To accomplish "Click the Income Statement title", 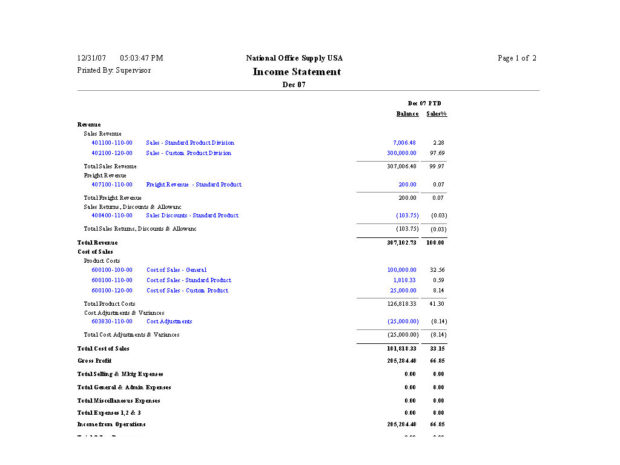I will (x=297, y=72).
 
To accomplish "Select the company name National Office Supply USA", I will (x=294, y=58).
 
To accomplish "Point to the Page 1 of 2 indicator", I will (x=516, y=58).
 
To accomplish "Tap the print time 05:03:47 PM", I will (x=142, y=58).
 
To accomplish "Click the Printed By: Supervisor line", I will (x=114, y=70).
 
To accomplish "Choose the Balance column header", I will (x=407, y=114).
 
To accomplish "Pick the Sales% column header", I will (x=437, y=114).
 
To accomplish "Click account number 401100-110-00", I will (x=112, y=143).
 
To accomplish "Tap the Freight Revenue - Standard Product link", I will (x=194, y=185).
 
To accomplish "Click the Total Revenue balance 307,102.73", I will (x=401, y=243).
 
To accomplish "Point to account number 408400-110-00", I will (x=112, y=216).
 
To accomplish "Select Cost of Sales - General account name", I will (x=176, y=270).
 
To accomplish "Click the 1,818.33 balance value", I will (x=404, y=280).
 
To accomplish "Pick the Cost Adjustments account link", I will (x=169, y=322).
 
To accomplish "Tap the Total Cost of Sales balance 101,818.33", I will (x=401, y=349).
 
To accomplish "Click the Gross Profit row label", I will (x=94, y=361).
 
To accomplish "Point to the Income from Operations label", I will (x=111, y=424).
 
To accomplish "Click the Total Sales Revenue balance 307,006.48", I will (x=401, y=167).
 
